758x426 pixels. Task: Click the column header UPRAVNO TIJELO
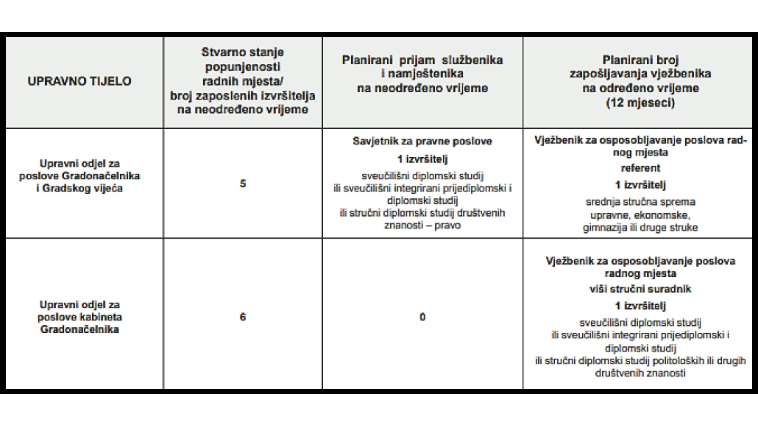click(79, 81)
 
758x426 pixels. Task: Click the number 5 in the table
click(243, 184)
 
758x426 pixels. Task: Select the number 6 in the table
click(243, 317)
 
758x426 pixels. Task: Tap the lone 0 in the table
click(422, 317)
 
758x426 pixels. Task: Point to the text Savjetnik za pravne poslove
click(422, 141)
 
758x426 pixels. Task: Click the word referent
click(640, 168)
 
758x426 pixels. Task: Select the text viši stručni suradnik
click(640, 289)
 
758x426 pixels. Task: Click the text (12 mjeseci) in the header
click(640, 103)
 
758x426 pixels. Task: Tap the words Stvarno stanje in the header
click(243, 52)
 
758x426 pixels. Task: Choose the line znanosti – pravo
click(422, 226)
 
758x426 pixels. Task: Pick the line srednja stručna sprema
click(640, 202)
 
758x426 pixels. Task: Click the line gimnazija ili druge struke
click(640, 228)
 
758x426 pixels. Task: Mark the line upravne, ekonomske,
click(640, 215)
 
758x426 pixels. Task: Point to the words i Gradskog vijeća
click(79, 188)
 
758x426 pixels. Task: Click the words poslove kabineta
click(79, 317)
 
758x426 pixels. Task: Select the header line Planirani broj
click(640, 60)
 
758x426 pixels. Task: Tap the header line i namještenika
click(422, 74)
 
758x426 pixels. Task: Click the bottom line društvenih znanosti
click(640, 373)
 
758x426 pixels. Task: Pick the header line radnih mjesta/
click(243, 81)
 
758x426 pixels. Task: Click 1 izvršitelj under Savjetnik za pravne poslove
click(422, 159)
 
